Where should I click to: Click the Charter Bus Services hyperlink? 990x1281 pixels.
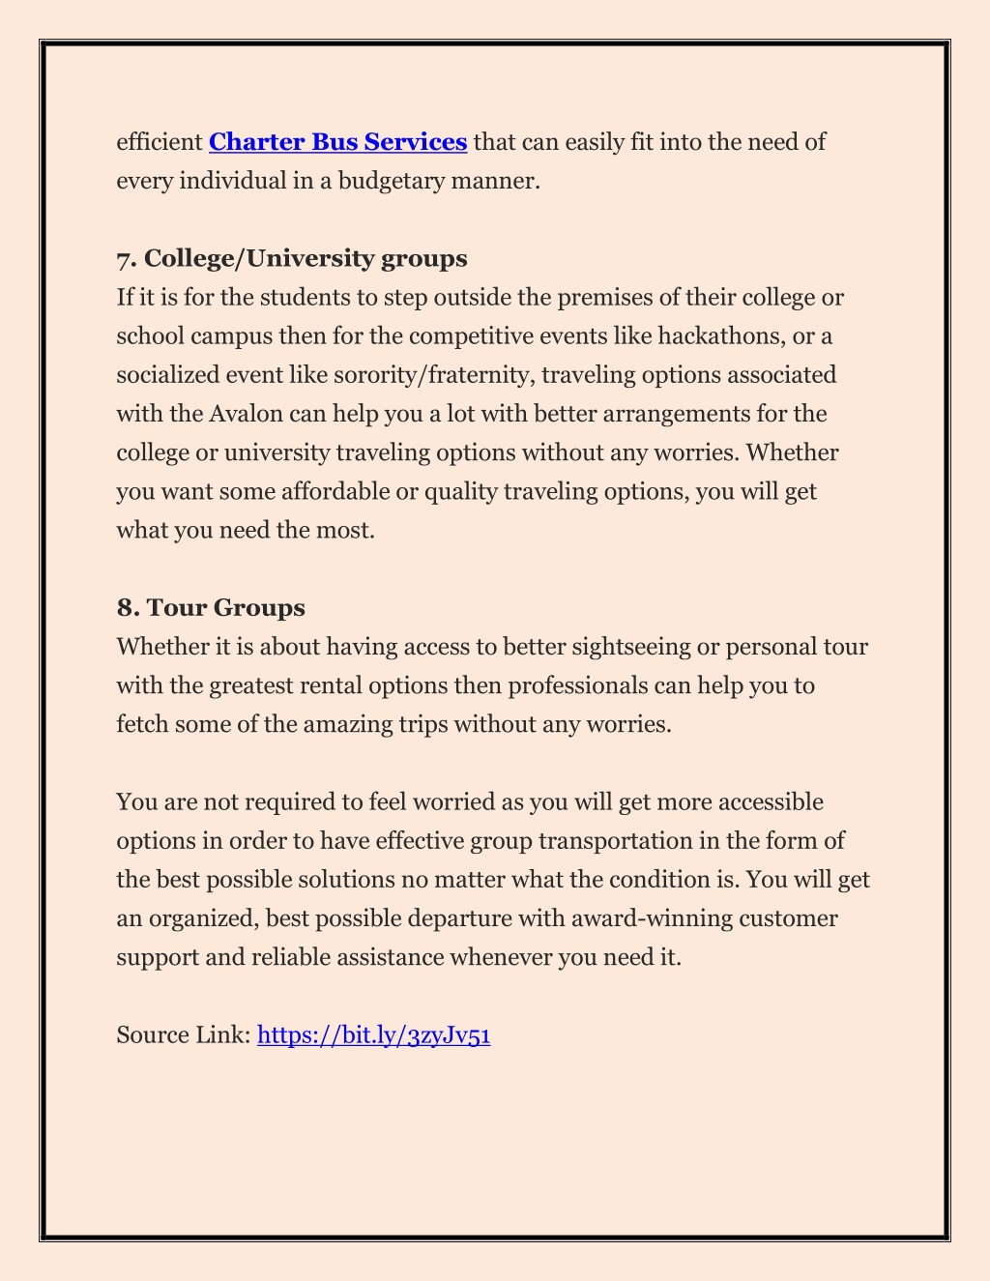coord(337,142)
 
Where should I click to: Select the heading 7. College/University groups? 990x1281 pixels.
coord(291,258)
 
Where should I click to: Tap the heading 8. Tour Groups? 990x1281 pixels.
coord(211,607)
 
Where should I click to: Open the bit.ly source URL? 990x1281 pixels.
coord(374,1035)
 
